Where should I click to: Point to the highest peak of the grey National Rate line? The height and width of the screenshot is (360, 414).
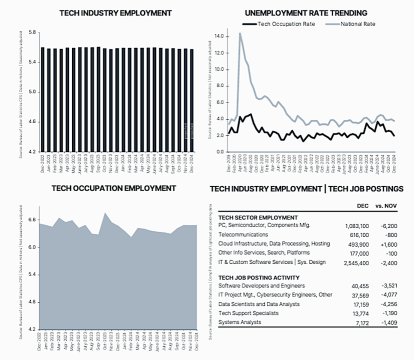(240, 34)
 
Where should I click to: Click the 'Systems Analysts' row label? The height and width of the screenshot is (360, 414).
(241, 323)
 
